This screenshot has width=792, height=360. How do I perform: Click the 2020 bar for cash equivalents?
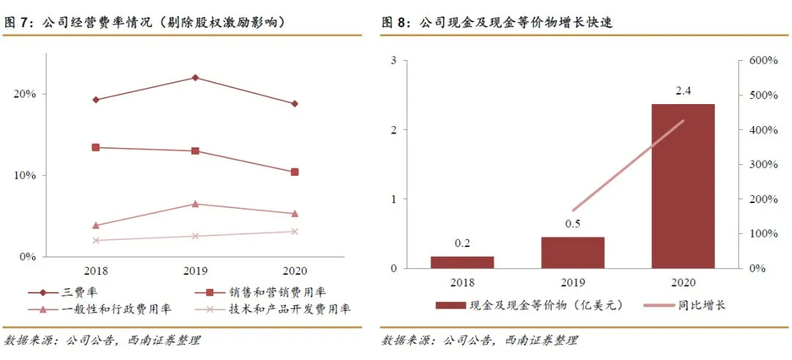point(683,186)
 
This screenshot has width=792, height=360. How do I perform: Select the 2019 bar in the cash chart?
point(573,252)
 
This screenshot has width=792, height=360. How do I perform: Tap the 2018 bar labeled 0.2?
point(462,262)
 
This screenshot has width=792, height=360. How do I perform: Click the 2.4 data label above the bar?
point(683,91)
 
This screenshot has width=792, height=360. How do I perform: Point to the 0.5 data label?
point(573,224)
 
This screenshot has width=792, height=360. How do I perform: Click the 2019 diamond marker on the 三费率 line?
point(195,78)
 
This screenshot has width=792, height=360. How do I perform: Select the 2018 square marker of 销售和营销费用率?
point(95,147)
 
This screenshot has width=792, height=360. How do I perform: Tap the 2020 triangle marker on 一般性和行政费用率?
point(295,214)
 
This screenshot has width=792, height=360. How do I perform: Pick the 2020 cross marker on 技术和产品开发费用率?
point(295,232)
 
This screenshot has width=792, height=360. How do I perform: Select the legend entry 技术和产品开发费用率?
point(289,309)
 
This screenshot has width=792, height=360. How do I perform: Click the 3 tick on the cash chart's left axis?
point(393,61)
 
